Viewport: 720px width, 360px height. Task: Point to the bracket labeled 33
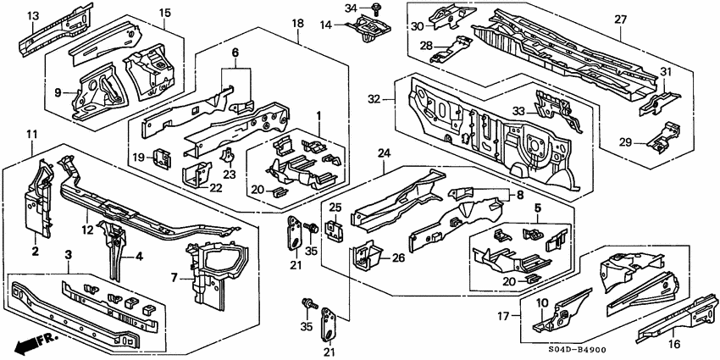(557, 110)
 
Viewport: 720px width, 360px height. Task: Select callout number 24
(384, 153)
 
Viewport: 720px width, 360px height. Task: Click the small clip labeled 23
(228, 157)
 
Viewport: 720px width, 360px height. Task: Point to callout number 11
(31, 135)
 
